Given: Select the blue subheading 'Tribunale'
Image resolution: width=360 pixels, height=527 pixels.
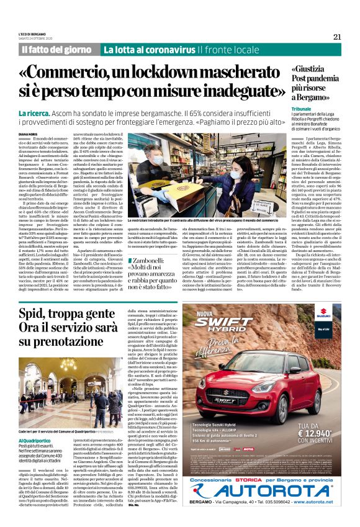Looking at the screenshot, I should coord(301,109).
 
